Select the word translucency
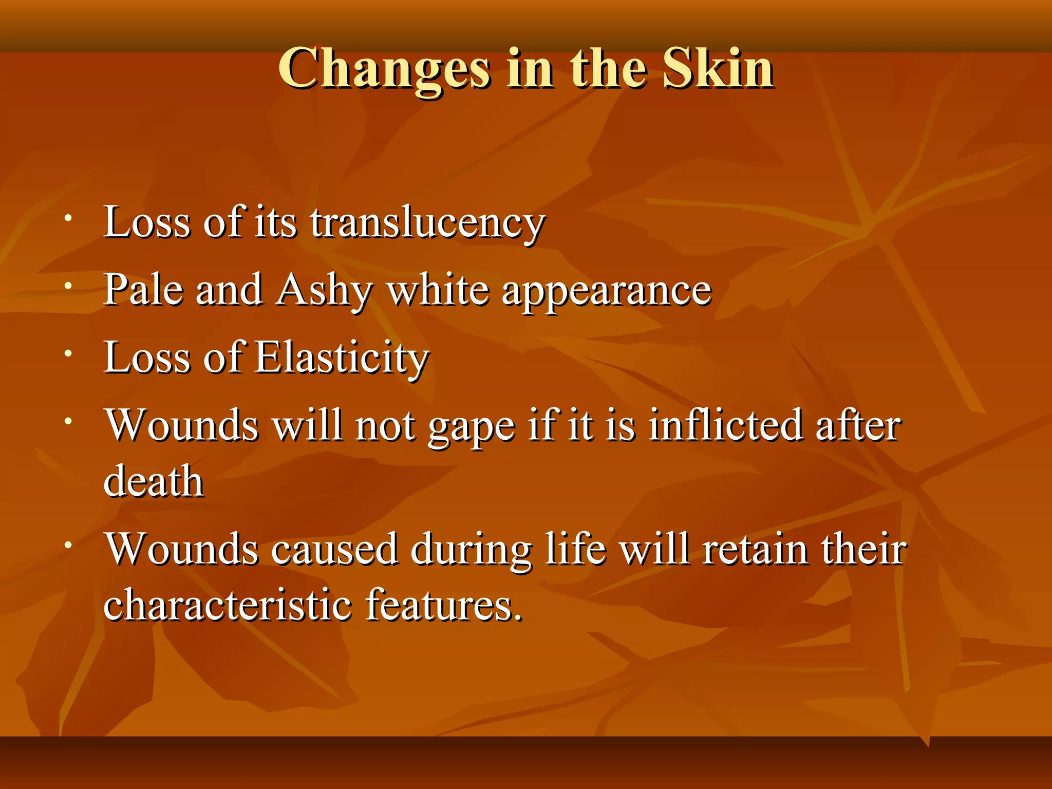427,223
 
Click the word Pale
143,290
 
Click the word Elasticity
342,358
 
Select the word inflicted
725,426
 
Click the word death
154,481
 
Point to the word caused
334,549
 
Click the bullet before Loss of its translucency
68,218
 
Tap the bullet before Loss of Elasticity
68,353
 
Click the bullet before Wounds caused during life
68,545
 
